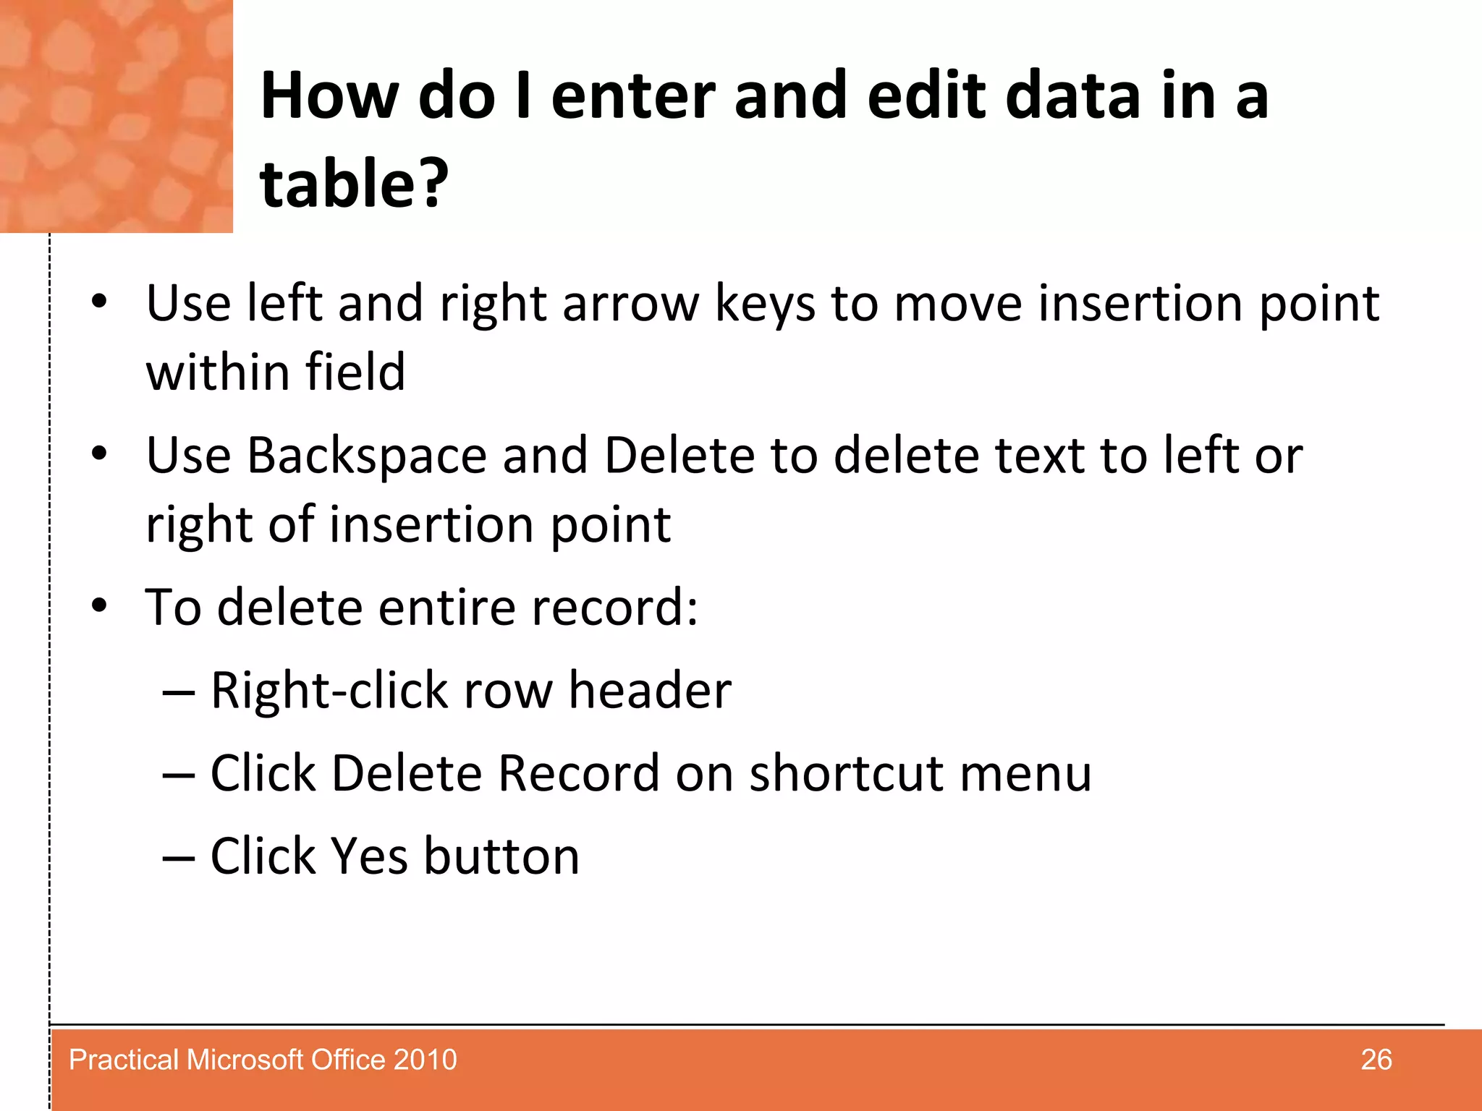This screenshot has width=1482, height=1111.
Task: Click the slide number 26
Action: (x=1376, y=1060)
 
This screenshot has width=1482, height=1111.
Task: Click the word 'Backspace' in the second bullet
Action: (x=367, y=456)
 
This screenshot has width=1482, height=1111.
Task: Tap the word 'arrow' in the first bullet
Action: (x=630, y=304)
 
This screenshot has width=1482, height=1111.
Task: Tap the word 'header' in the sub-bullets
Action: (x=649, y=690)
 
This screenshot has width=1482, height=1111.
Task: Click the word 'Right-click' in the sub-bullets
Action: (x=329, y=690)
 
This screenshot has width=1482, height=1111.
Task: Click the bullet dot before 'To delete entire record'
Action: (x=99, y=605)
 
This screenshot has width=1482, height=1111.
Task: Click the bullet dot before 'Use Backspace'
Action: (x=99, y=454)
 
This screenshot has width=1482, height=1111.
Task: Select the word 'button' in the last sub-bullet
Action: (x=501, y=856)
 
